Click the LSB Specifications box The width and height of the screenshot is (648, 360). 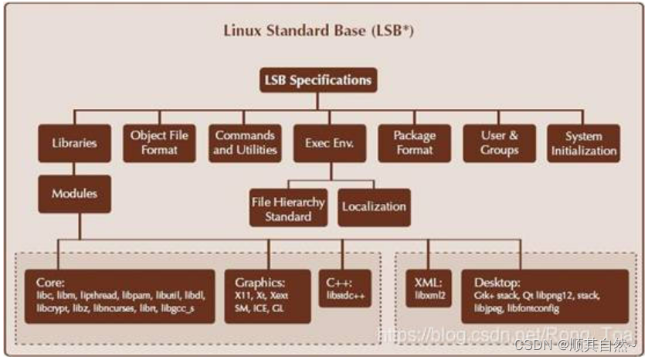click(318, 80)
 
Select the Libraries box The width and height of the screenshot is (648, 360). click(75, 143)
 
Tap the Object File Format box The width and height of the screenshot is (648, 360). click(159, 143)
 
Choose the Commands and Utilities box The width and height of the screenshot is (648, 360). click(244, 143)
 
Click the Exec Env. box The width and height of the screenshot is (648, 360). click(329, 143)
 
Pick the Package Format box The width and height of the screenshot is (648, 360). click(415, 143)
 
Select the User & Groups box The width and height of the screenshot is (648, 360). click(499, 143)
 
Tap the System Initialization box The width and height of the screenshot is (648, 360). click(584, 143)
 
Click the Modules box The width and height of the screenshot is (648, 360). click(75, 194)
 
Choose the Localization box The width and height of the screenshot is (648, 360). click(374, 206)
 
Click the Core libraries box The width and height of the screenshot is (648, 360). click(119, 296)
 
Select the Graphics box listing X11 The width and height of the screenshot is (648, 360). click(267, 296)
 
